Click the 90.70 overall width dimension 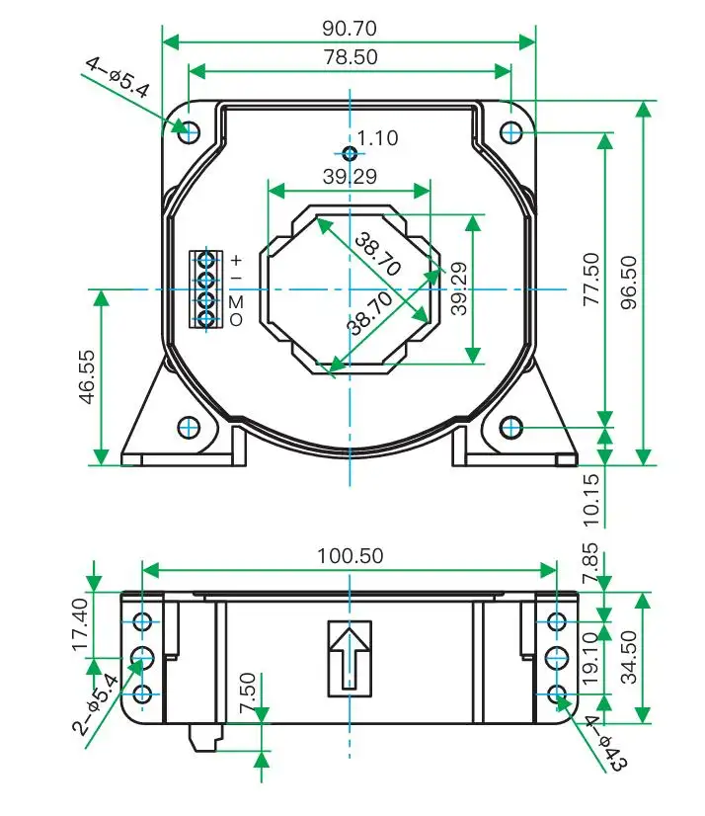coord(349,28)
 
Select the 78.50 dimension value coord(349,57)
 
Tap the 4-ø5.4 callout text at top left coord(117,78)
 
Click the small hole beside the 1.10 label coord(349,153)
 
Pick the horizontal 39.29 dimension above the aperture coord(349,177)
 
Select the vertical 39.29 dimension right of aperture coord(458,288)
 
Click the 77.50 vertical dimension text coord(590,281)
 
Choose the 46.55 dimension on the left coord(86,376)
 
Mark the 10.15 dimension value coord(590,499)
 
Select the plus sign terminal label coord(236,260)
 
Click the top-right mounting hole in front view coord(510,130)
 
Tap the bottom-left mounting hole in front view coord(190,427)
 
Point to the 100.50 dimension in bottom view coord(349,556)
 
